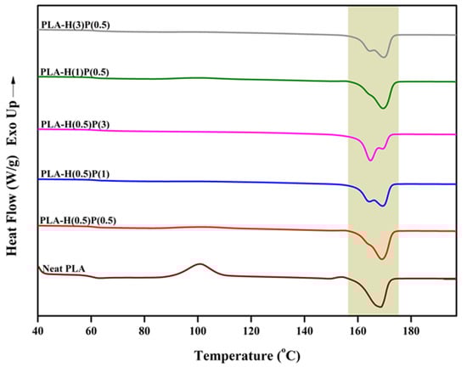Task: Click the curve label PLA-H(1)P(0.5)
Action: click(74, 72)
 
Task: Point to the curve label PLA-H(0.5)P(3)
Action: click(74, 125)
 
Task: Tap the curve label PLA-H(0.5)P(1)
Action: click(74, 173)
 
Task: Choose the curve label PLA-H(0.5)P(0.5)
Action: click(78, 220)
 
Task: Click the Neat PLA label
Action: click(62, 269)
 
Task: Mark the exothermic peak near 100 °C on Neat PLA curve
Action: click(200, 264)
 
